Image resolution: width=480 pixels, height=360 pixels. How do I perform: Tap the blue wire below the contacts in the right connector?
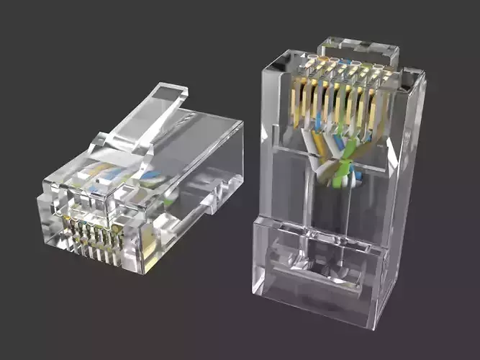pos(338,141)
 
